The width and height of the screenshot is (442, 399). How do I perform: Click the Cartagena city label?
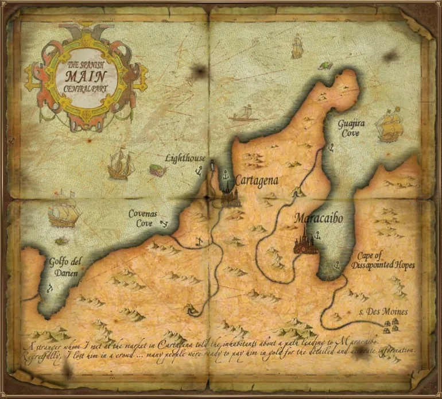(x=257, y=180)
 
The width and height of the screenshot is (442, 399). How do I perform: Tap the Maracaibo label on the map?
(x=319, y=219)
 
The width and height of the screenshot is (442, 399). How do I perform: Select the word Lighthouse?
(x=184, y=157)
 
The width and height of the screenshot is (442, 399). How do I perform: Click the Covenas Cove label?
(x=141, y=218)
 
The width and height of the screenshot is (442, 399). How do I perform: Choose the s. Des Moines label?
(x=387, y=312)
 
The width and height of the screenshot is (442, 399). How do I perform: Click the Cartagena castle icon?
(x=230, y=196)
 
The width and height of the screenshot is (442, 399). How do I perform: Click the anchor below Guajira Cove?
(x=331, y=148)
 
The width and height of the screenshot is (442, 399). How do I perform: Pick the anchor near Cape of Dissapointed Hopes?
(x=336, y=266)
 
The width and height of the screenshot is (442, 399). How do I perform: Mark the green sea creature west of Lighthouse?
(x=156, y=170)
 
